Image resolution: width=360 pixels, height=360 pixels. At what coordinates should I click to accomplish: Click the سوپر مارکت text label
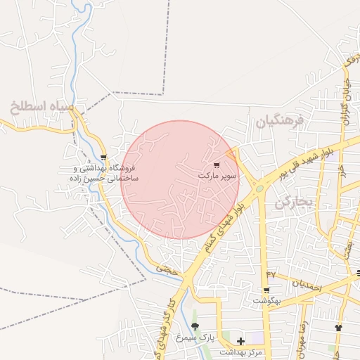217,174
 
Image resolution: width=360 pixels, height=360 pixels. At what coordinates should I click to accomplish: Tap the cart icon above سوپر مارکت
216,164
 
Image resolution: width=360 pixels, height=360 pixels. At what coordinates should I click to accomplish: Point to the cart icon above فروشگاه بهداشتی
104,157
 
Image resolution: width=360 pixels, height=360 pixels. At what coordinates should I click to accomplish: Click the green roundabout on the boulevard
259,188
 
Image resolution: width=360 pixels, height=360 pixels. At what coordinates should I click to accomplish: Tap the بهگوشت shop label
268,301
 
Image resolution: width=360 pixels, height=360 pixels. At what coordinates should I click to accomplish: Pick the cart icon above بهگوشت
266,290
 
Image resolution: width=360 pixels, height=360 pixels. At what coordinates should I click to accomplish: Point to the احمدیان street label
307,285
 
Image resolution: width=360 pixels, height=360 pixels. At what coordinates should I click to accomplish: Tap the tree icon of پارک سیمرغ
195,326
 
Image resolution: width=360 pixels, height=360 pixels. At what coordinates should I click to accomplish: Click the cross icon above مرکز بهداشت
241,341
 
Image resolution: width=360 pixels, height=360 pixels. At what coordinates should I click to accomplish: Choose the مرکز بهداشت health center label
240,352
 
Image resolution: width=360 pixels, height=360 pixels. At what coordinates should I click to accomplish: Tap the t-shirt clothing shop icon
338,327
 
